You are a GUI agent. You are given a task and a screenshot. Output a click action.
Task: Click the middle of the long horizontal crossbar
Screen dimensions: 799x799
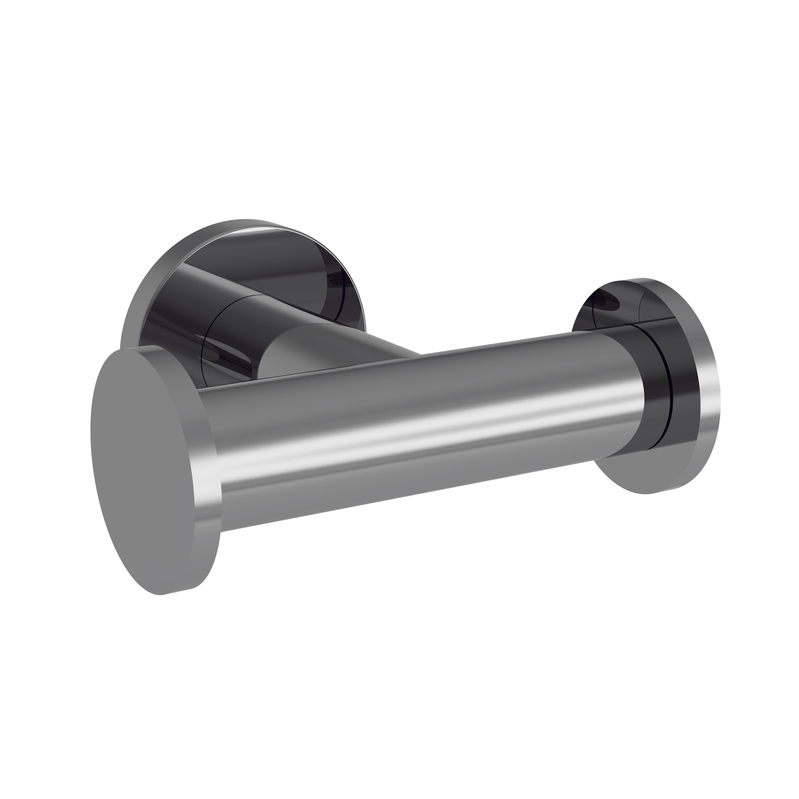point(413,430)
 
